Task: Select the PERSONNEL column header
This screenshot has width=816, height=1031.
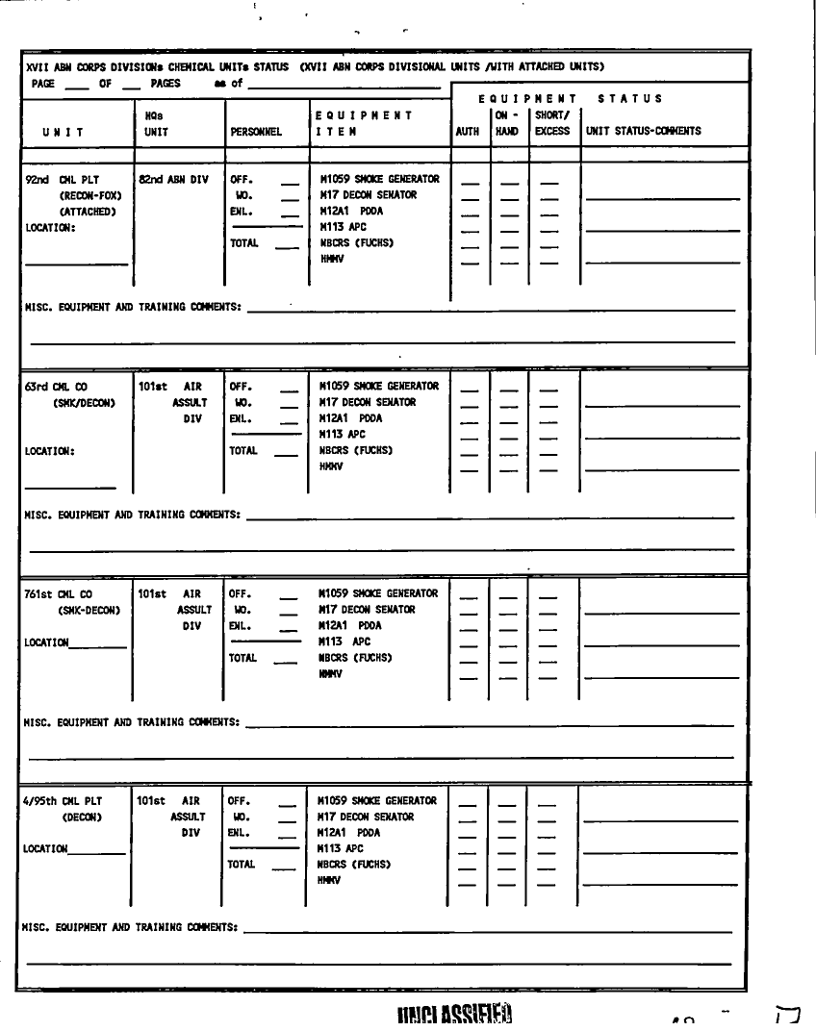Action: point(255,131)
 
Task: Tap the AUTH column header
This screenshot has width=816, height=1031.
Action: point(468,131)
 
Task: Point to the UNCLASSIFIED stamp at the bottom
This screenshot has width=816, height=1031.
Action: point(451,1016)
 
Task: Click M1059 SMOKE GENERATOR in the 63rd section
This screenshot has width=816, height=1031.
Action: point(378,387)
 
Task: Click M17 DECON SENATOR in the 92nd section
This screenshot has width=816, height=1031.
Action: point(367,195)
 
